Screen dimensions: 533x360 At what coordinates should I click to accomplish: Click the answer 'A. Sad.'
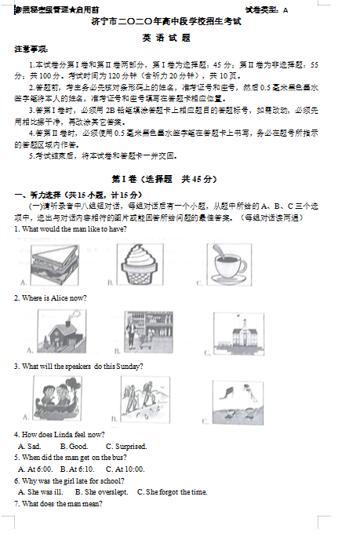coord(29,446)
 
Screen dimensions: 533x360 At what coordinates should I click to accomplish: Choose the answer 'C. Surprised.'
coord(126,446)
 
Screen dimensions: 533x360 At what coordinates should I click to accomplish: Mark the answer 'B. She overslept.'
coord(101,491)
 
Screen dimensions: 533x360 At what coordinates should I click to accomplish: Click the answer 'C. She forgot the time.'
coord(172,491)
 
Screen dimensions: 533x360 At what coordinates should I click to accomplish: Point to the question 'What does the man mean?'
coord(59,503)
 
